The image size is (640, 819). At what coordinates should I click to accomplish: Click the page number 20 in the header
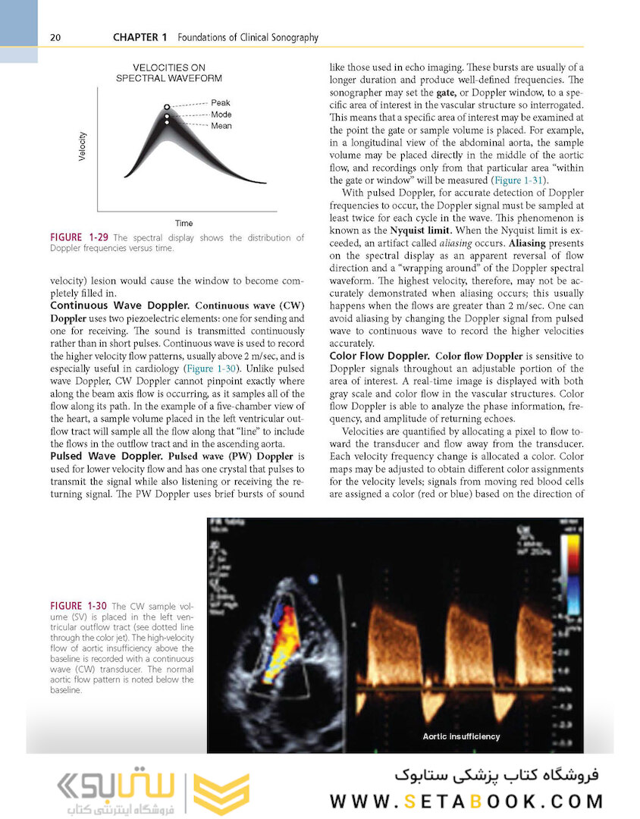pyautogui.click(x=55, y=37)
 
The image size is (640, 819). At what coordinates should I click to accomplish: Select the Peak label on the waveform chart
pyautogui.click(x=221, y=102)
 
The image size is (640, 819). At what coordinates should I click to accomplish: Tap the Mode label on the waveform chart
pyautogui.click(x=221, y=115)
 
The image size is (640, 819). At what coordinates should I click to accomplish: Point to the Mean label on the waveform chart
pyautogui.click(x=221, y=126)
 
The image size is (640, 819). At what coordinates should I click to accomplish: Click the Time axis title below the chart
pyautogui.click(x=184, y=223)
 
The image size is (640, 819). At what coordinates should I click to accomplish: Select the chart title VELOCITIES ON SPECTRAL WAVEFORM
pyautogui.click(x=168, y=73)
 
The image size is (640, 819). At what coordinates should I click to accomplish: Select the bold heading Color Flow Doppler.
pyautogui.click(x=378, y=356)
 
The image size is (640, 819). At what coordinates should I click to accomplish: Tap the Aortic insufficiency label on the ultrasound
pyautogui.click(x=461, y=736)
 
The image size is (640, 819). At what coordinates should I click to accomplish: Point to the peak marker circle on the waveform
pyautogui.click(x=167, y=108)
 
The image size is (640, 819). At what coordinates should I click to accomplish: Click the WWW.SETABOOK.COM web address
pyautogui.click(x=466, y=801)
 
